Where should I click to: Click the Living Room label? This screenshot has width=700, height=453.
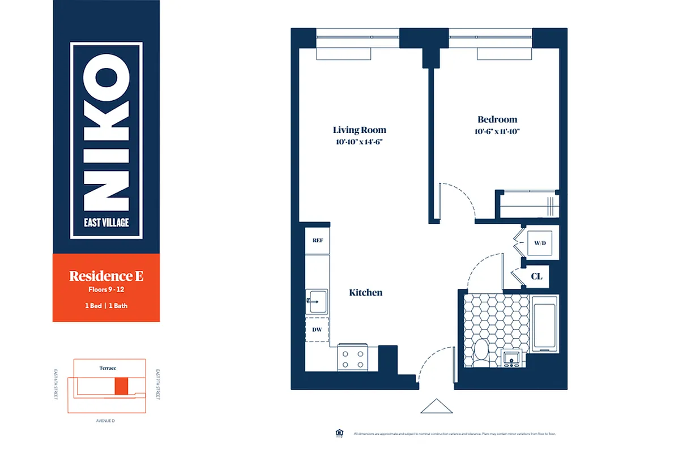pyautogui.click(x=360, y=130)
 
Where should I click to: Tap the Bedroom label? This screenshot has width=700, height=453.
pyautogui.click(x=497, y=119)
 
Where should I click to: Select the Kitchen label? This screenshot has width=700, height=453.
pyautogui.click(x=365, y=293)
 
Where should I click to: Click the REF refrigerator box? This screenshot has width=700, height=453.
pyautogui.click(x=317, y=240)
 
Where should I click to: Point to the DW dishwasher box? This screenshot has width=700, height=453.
pyautogui.click(x=317, y=330)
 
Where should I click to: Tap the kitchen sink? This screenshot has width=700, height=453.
pyautogui.click(x=316, y=301)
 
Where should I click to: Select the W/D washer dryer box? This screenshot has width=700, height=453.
pyautogui.click(x=540, y=243)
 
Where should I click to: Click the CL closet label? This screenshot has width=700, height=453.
pyautogui.click(x=537, y=276)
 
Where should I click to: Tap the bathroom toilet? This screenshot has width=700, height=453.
pyautogui.click(x=481, y=351)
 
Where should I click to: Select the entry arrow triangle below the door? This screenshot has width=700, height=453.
pyautogui.click(x=436, y=407)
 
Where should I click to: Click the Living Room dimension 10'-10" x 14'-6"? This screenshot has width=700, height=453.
pyautogui.click(x=360, y=142)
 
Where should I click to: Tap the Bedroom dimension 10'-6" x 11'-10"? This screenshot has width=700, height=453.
pyautogui.click(x=498, y=131)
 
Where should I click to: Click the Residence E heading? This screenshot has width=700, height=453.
pyautogui.click(x=106, y=276)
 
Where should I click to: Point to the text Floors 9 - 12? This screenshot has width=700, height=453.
pyautogui.click(x=106, y=289)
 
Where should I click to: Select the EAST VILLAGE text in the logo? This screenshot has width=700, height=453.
pyautogui.click(x=106, y=223)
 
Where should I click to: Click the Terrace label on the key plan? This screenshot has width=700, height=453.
pyautogui.click(x=108, y=368)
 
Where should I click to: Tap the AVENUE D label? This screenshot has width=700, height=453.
pyautogui.click(x=106, y=421)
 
